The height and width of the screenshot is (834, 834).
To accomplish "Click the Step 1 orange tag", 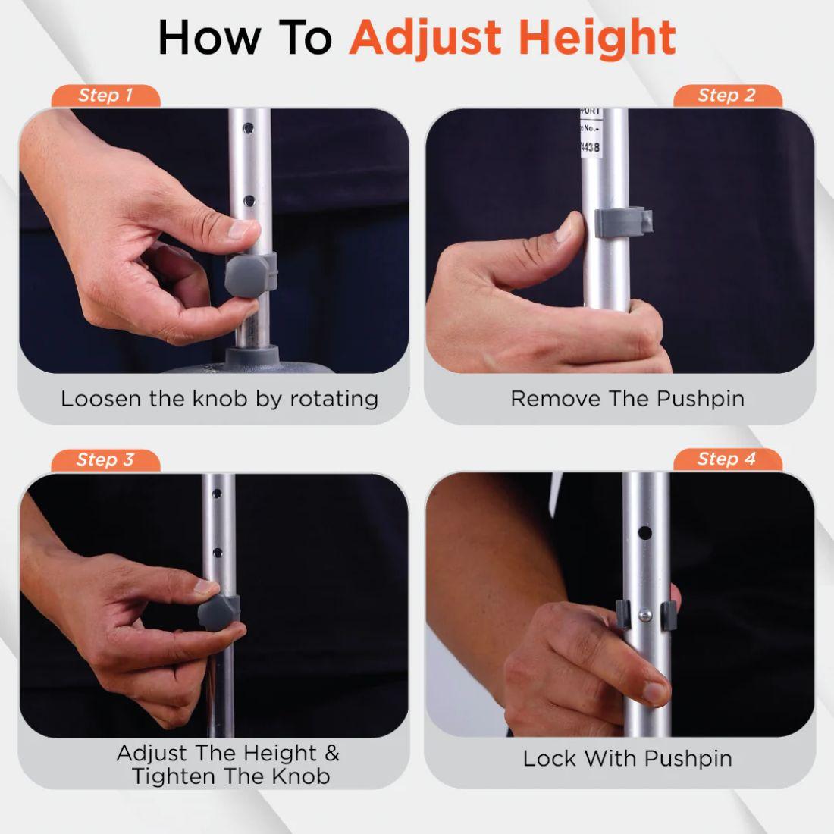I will [x=105, y=96].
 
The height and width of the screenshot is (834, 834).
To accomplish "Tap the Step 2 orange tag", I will [x=726, y=96].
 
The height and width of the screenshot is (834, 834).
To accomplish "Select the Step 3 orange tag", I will [x=105, y=459].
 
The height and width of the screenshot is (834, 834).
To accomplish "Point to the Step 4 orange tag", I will [x=726, y=459].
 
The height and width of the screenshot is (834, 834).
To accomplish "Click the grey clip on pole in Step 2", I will [x=622, y=221].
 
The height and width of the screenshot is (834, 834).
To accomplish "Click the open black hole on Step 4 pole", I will [x=644, y=533].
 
